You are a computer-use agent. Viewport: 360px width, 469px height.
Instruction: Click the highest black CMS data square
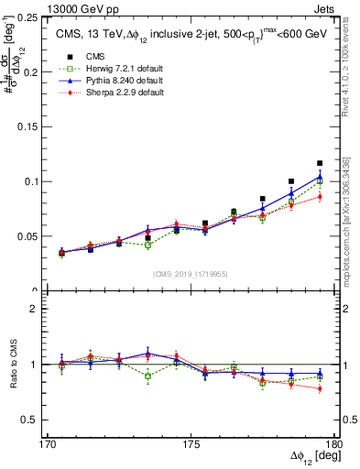pos(320,163)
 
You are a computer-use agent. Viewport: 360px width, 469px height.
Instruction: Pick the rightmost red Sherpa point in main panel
pos(320,196)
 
